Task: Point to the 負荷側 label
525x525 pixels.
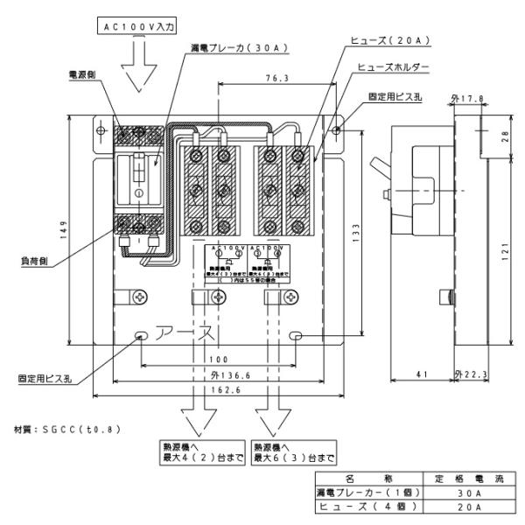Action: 59,260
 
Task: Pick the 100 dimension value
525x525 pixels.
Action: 217,360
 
